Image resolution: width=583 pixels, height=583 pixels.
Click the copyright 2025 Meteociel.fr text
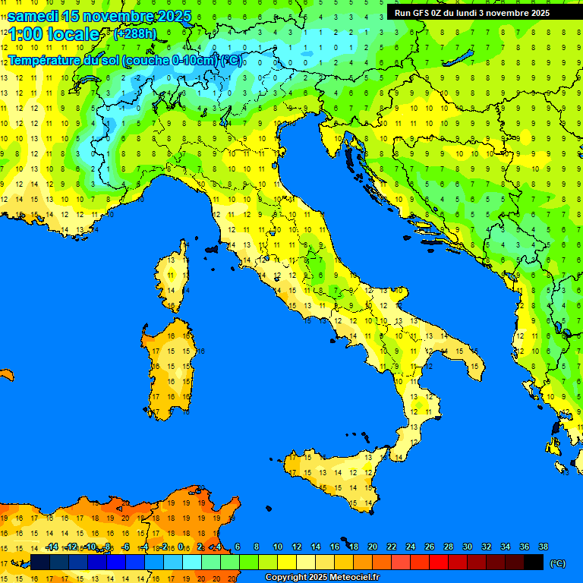pos(322,578)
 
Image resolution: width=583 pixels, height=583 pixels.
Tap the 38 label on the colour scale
pos(543,547)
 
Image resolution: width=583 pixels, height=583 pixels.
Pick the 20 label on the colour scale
pos(373,547)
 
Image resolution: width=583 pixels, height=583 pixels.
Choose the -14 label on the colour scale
pos(52,547)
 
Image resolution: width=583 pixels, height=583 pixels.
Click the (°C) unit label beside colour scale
pos(558,563)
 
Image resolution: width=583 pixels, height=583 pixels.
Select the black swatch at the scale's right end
pos(534,563)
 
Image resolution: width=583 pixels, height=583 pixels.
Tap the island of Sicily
pos(334,478)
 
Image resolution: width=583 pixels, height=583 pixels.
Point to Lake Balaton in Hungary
pos(459,58)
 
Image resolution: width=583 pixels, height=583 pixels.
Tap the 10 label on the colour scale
pos(278,547)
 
